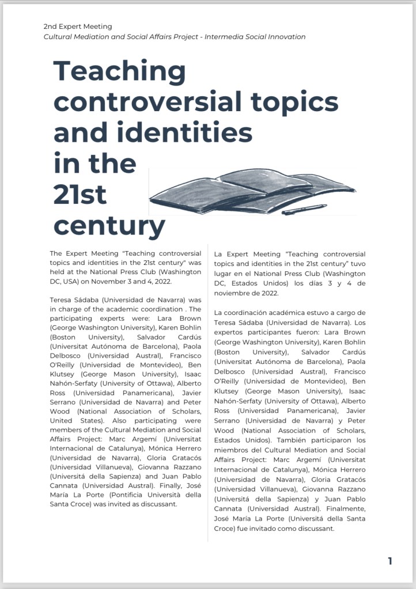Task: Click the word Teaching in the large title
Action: (119, 72)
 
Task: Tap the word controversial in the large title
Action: (147, 102)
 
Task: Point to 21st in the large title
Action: (80, 195)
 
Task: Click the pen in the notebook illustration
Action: (304, 209)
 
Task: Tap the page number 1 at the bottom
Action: (390, 560)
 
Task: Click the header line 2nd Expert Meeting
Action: (78, 26)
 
